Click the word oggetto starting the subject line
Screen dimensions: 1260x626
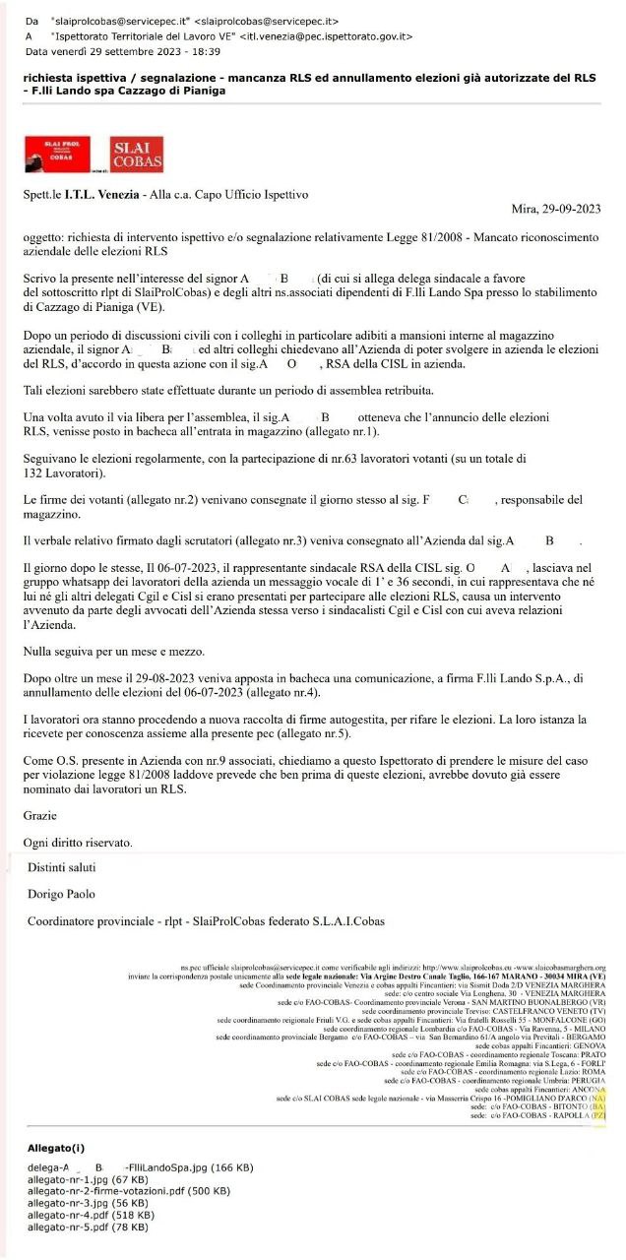tap(45, 238)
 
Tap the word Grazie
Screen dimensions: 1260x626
tap(40, 815)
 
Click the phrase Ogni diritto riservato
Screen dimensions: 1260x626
tap(77, 843)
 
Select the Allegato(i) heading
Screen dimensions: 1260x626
tap(56, 1148)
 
